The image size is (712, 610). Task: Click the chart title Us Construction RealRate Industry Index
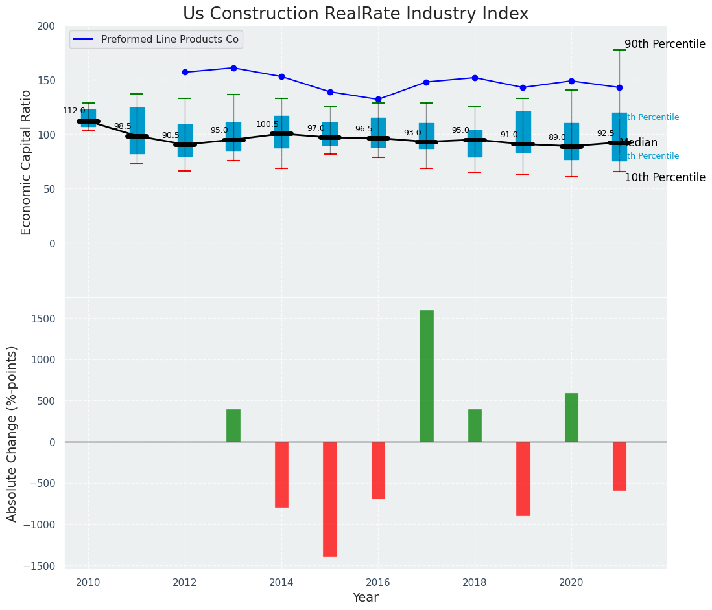click(x=355, y=14)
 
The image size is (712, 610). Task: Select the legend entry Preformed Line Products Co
click(x=170, y=40)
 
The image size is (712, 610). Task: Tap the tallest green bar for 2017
click(x=426, y=376)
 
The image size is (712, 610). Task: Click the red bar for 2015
click(x=330, y=499)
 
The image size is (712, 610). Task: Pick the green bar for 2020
click(x=571, y=417)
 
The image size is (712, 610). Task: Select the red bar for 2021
click(x=619, y=466)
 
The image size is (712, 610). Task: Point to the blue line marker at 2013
click(x=233, y=68)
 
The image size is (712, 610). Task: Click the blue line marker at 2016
click(x=378, y=100)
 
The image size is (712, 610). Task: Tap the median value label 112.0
click(x=74, y=111)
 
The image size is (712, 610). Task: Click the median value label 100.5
click(x=267, y=124)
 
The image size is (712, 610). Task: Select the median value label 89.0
click(x=557, y=137)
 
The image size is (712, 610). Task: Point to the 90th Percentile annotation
click(x=665, y=45)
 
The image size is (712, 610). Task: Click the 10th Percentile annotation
click(x=665, y=177)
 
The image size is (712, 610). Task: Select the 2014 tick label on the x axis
click(x=281, y=583)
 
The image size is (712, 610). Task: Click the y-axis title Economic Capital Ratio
click(x=27, y=162)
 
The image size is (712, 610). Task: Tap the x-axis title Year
click(x=365, y=598)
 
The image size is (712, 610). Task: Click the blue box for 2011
click(x=137, y=130)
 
